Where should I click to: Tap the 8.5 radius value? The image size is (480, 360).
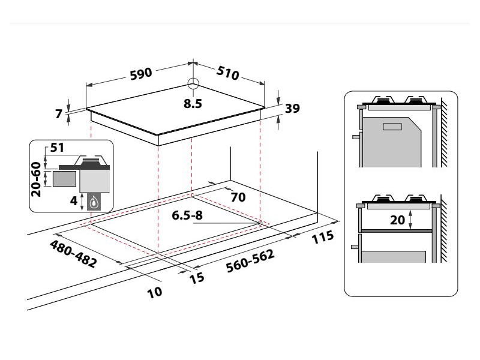point(193,103)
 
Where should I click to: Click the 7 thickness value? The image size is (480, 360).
point(59,113)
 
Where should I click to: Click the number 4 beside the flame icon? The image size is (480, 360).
point(74,201)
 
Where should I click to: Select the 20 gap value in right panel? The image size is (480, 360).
point(397,220)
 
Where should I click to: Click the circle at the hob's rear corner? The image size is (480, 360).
point(193,84)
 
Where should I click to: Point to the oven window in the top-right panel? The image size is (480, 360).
point(393,127)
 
